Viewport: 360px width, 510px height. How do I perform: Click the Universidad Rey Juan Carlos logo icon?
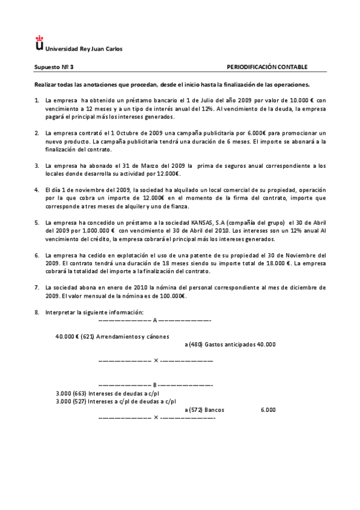[x=40, y=43]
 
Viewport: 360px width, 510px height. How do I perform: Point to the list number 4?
[x=37, y=191]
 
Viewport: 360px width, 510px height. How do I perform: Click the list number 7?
[x=37, y=287]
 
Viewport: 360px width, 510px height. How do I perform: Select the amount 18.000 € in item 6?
[x=276, y=263]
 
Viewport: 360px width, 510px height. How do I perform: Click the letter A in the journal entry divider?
[x=154, y=321]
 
